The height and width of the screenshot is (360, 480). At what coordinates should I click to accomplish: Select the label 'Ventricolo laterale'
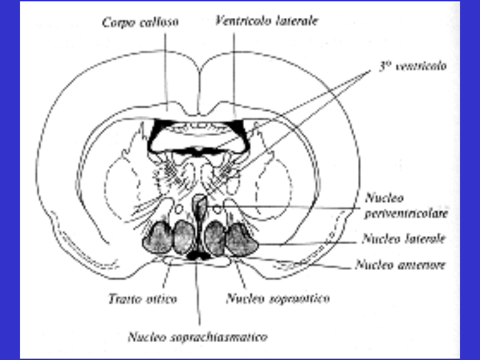pos(267,21)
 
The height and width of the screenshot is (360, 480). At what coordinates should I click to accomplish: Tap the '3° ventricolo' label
pos(409,67)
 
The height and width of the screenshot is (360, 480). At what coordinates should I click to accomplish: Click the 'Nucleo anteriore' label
pos(400,265)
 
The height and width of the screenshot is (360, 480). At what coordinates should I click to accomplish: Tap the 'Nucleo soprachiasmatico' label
pos(197,337)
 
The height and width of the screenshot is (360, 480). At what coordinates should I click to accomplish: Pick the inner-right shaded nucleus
pos(215,238)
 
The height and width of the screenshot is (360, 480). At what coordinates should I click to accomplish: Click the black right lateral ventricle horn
pos(242,133)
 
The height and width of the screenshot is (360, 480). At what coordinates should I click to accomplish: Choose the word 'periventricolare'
pos(406,213)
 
